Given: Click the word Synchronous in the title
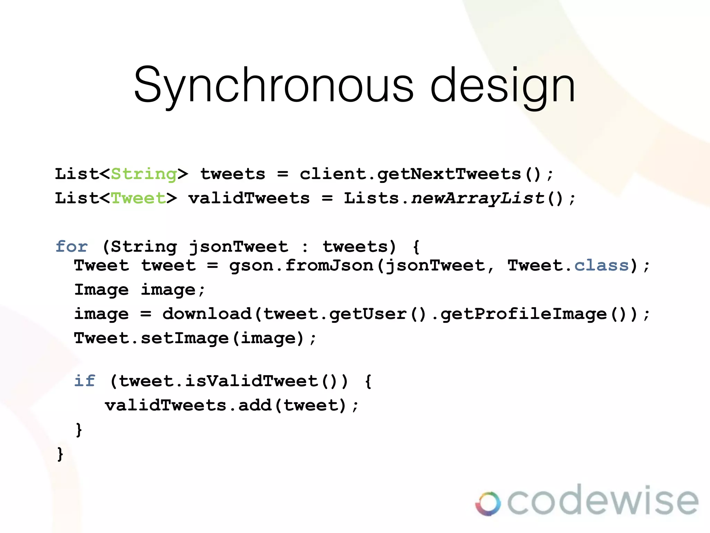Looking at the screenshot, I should [x=274, y=85].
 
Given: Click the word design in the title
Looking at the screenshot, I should [x=503, y=85].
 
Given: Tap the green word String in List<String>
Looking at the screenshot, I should [x=144, y=174].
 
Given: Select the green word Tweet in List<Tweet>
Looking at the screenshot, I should [x=138, y=198].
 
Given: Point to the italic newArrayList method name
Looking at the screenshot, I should [x=478, y=198].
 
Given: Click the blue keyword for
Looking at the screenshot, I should [x=72, y=247].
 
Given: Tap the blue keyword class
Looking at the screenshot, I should [x=601, y=266].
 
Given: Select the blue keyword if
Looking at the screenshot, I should [x=85, y=381].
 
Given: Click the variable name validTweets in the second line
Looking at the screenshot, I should [x=249, y=198].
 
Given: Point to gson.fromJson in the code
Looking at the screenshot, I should [x=301, y=266].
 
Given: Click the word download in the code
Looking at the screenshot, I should [x=207, y=314].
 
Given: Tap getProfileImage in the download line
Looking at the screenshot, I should [x=523, y=314].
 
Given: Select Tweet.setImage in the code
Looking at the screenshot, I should [x=151, y=338].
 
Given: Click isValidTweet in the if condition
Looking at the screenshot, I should [x=251, y=381].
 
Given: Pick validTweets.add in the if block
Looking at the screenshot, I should [x=188, y=405].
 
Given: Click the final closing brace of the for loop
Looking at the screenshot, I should [x=60, y=454].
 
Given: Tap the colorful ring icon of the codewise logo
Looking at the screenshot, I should [x=488, y=504].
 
